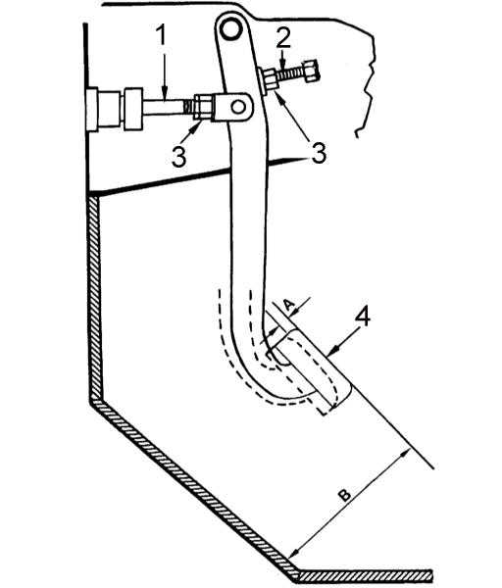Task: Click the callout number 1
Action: point(161,35)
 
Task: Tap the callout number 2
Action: point(283,38)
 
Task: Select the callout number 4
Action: point(362,317)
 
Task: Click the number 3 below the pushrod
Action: point(178,156)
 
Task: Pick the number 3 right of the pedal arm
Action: point(319,152)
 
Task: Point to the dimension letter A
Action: point(288,305)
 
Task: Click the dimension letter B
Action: point(344,495)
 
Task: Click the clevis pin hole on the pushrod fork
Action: point(238,107)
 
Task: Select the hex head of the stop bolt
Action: point(310,72)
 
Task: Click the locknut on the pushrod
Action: point(202,108)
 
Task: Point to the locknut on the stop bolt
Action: point(271,80)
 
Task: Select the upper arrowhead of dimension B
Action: point(405,454)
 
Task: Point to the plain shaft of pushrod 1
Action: point(163,108)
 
